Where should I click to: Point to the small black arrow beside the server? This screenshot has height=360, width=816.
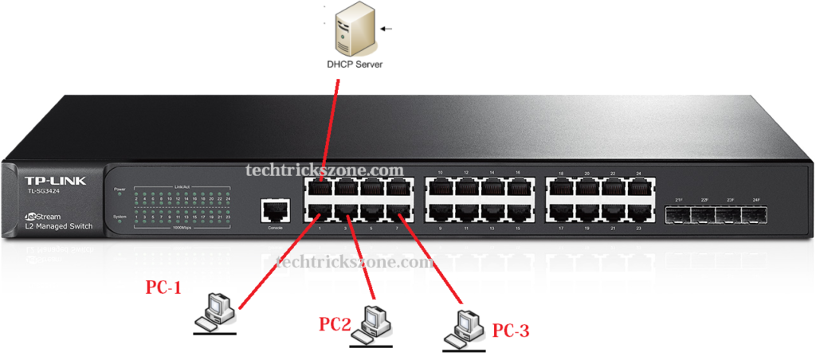tap(388, 29)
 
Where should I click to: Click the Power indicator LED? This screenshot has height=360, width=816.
tap(120, 196)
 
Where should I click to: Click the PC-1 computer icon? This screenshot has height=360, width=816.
tap(216, 311)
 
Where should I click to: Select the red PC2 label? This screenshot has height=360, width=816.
tap(335, 324)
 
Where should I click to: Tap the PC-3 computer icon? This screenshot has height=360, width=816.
tap(464, 327)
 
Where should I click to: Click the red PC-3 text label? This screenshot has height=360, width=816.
tap(510, 330)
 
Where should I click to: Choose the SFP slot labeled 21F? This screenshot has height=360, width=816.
tap(678, 214)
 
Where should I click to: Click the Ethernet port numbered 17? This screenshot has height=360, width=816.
tap(562, 213)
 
